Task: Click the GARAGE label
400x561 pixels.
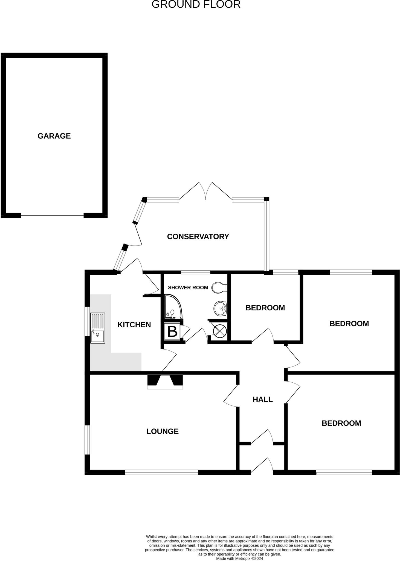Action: (x=54, y=136)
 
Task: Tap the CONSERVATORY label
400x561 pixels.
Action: (x=198, y=236)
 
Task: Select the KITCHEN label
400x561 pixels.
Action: (x=134, y=325)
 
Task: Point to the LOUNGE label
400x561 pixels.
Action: (x=162, y=431)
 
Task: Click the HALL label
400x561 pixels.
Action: (x=262, y=399)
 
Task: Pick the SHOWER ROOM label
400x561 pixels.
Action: (x=188, y=288)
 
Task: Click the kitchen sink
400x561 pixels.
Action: (x=98, y=328)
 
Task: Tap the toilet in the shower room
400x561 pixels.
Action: (x=219, y=288)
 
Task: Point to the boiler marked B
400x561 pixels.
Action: (x=172, y=331)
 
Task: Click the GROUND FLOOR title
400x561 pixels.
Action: (x=196, y=4)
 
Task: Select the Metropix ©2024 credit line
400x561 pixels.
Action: (x=239, y=559)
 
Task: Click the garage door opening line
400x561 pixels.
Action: (x=52, y=216)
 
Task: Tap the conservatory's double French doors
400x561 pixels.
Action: (x=205, y=191)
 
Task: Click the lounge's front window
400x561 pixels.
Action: (x=161, y=472)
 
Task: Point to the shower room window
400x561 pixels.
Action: (x=196, y=272)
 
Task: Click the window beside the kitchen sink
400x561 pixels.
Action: (x=87, y=321)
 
